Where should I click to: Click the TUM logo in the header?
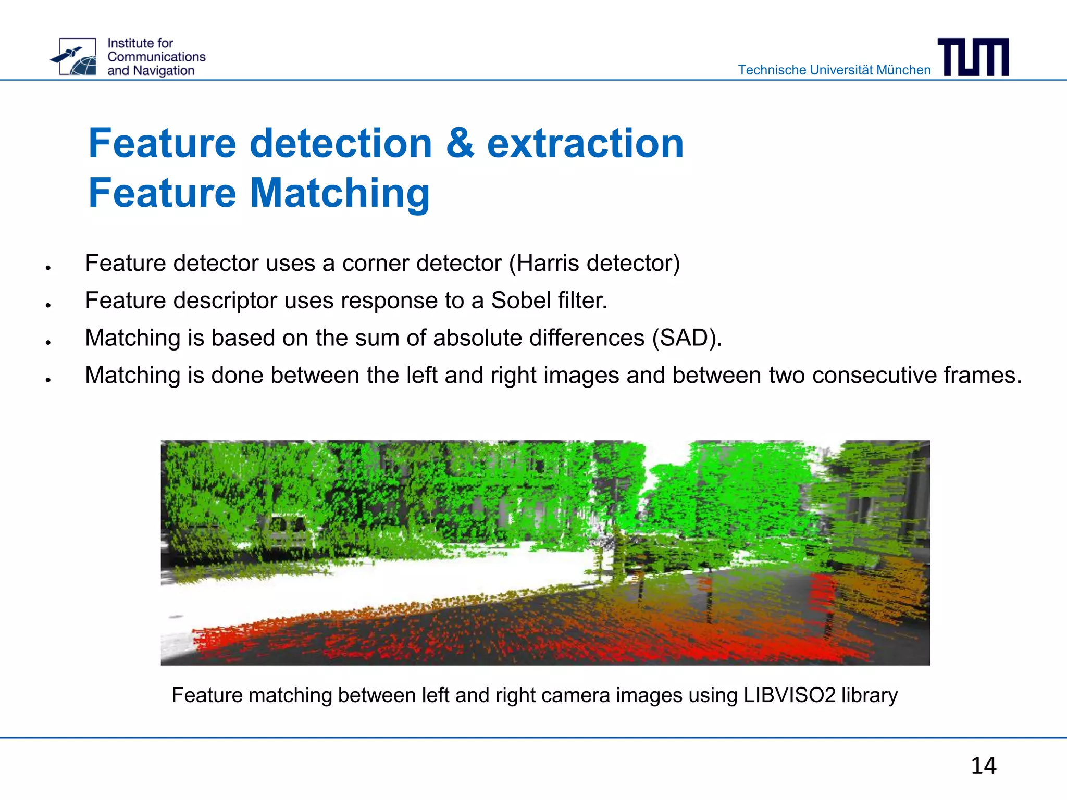point(973,57)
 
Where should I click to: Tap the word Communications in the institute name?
point(156,57)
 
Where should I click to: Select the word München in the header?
point(903,70)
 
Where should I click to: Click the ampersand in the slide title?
point(460,143)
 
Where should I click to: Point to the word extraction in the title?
point(585,143)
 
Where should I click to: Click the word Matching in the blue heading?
point(340,193)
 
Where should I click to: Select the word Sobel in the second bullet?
point(521,301)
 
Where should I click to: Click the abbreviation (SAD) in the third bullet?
point(687,338)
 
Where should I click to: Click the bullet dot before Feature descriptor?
point(48,305)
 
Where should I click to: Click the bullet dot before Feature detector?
point(48,268)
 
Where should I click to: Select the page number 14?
point(983,766)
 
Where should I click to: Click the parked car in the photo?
point(287,529)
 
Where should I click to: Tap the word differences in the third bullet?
point(587,338)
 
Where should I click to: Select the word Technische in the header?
point(772,70)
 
